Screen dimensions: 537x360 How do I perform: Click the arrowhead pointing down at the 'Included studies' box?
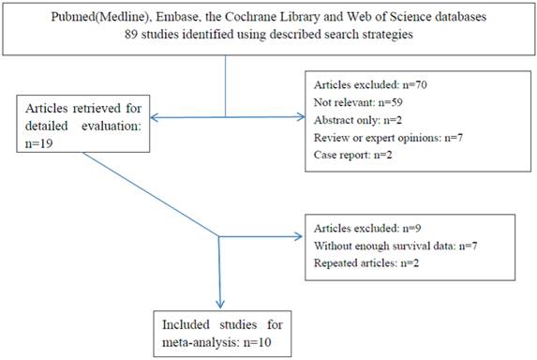point(218,305)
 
